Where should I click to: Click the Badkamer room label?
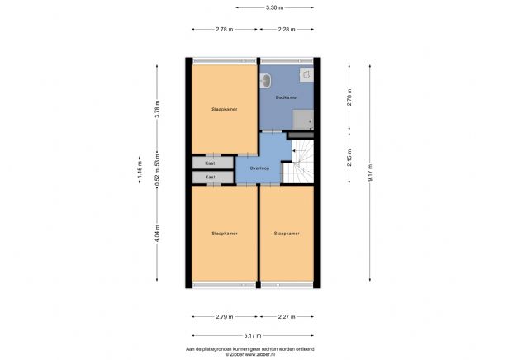(287, 97)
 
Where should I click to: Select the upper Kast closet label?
(211, 163)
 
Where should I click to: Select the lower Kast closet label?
(211, 177)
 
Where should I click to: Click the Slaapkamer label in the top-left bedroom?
(224, 108)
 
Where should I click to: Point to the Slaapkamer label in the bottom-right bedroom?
(287, 233)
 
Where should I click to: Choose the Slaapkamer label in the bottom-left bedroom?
(224, 233)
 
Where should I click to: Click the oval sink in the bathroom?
(266, 80)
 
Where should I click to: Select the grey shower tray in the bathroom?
(303, 118)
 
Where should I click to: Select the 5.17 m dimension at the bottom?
(253, 336)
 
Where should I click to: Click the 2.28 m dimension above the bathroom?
(287, 29)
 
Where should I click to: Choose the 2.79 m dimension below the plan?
(224, 316)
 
